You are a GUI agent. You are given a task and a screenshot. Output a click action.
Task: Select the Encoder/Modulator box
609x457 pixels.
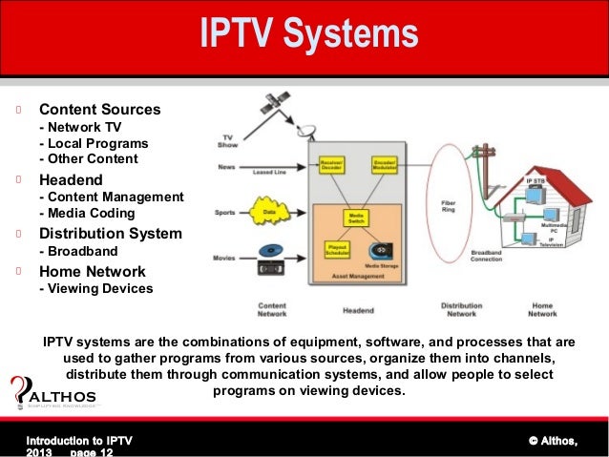[x=386, y=164]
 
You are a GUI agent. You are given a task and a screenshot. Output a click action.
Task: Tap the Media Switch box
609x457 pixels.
[x=357, y=218]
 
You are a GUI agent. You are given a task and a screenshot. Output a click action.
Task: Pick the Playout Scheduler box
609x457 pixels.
[x=335, y=249]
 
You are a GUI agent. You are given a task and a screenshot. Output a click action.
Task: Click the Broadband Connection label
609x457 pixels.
[x=487, y=255]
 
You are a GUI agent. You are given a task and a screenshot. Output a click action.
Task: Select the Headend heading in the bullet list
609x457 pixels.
[x=71, y=178]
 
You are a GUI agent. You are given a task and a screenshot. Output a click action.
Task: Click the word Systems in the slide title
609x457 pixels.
[x=362, y=35]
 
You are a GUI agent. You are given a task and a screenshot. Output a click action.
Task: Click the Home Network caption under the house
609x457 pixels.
[x=542, y=309]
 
